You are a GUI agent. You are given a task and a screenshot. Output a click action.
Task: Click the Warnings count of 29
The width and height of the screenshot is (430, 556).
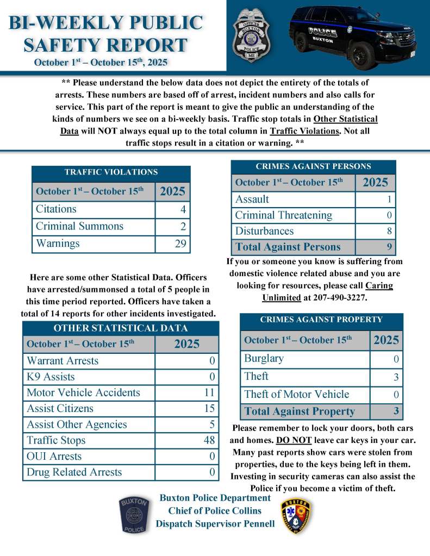pyautogui.click(x=180, y=243)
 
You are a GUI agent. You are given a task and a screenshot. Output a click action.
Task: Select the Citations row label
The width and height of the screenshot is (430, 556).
pyautogui.click(x=56, y=209)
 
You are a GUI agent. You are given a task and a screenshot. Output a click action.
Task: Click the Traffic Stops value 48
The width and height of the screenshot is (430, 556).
pyautogui.click(x=209, y=440)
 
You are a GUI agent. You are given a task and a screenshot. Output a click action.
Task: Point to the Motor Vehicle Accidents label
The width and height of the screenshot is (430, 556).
pyautogui.click(x=83, y=392)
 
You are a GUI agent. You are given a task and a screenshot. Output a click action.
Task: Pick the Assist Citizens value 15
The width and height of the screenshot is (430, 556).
pyautogui.click(x=209, y=408)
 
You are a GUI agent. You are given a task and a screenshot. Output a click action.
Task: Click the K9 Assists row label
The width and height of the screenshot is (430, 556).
pyautogui.click(x=51, y=377)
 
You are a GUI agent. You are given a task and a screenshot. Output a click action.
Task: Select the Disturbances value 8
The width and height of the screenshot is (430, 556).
pyautogui.click(x=388, y=231)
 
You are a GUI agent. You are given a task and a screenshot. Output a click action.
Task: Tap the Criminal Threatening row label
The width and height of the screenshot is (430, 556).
pyautogui.click(x=283, y=215)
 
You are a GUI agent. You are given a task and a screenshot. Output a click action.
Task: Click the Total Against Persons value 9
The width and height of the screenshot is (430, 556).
pyautogui.click(x=388, y=247)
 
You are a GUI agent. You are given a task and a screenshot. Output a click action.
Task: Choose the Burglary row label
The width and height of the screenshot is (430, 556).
pyautogui.click(x=264, y=359)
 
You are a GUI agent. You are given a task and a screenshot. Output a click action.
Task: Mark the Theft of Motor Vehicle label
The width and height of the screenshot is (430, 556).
pyautogui.click(x=296, y=395)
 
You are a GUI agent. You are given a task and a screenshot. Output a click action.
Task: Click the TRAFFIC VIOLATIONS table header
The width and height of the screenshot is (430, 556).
pyautogui.click(x=111, y=172)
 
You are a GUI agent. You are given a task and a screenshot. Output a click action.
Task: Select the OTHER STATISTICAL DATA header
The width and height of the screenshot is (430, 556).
pyautogui.click(x=120, y=328)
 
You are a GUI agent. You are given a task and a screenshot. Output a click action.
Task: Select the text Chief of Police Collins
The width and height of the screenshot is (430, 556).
pyautogui.click(x=215, y=511)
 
